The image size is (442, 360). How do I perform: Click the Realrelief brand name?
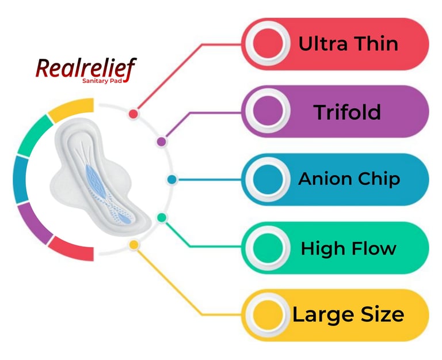click(x=86, y=69)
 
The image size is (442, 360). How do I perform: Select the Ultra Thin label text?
click(x=348, y=44)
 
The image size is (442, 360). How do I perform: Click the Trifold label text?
click(x=347, y=112)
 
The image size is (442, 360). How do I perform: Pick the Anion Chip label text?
click(x=349, y=179)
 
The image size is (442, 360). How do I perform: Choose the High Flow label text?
click(x=349, y=248)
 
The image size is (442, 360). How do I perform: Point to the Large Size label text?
click(x=348, y=315)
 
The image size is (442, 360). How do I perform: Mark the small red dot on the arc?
click(x=134, y=113)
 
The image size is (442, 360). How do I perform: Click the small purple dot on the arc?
click(x=162, y=141)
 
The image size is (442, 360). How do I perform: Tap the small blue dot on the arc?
click(x=172, y=180)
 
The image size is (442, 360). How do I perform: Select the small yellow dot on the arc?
click(x=134, y=245)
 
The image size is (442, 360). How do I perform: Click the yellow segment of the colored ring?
click(x=71, y=110)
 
